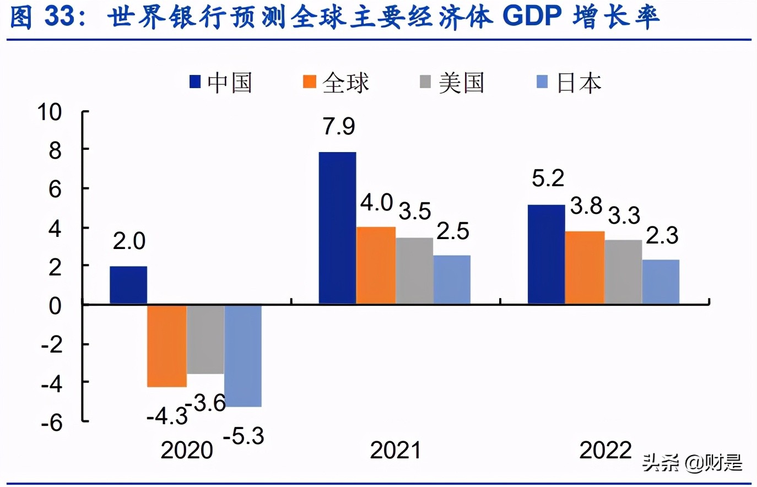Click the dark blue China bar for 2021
tap(337, 228)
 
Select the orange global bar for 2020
tap(166, 345)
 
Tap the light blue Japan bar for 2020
tap(243, 355)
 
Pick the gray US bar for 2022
tap(623, 272)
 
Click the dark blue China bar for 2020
tap(128, 285)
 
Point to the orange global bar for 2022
tap(585, 267)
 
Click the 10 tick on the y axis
tap(50, 112)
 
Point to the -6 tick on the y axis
tap(52, 423)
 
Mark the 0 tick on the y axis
tap(55, 306)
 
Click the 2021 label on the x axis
tap(395, 450)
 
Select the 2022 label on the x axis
tap(605, 450)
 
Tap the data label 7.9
tap(339, 127)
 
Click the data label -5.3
tap(244, 436)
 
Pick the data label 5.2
tap(548, 178)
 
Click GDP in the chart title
tap(532, 17)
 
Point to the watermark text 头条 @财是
tap(692, 463)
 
